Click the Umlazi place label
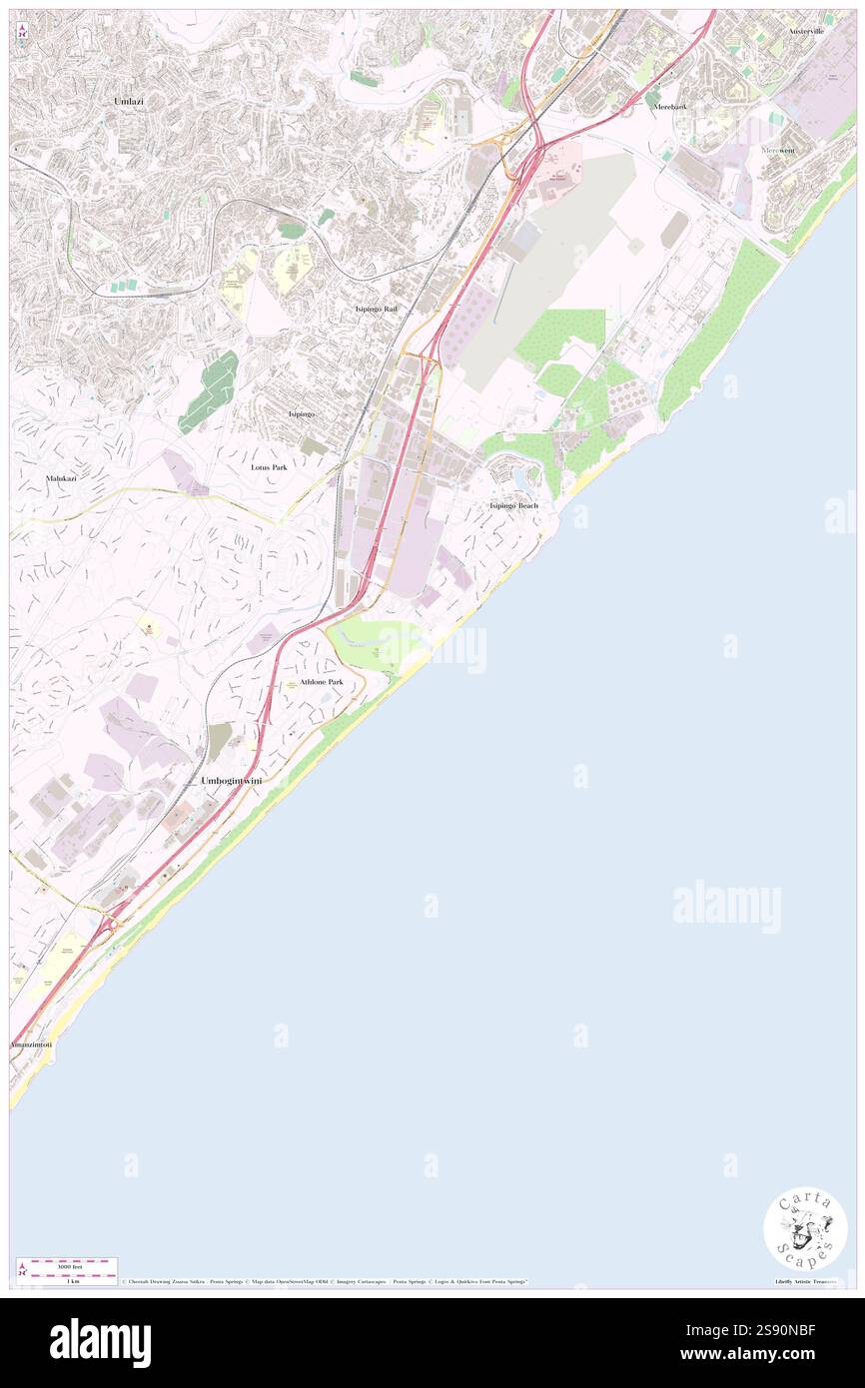point(129,103)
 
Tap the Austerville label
point(805,31)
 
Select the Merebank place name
point(669,106)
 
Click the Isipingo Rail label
point(377,310)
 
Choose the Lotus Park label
point(270,466)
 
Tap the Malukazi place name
point(62,479)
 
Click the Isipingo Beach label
point(513,506)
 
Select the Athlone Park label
point(321,682)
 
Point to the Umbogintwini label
point(231,780)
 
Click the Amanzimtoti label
point(30,1043)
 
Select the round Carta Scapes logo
point(805,1230)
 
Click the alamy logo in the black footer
point(100,1343)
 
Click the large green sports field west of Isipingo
point(210,391)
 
